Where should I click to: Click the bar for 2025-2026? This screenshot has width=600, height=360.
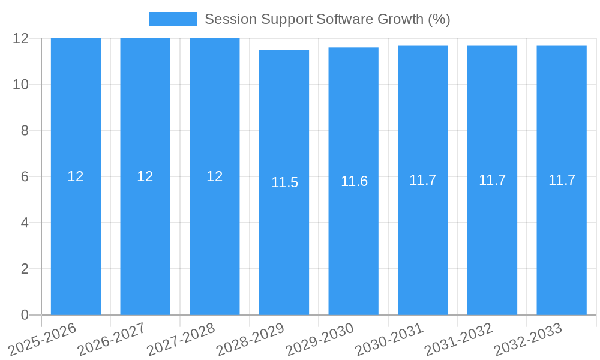coord(76,240)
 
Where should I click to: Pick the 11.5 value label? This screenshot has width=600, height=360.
coord(284,182)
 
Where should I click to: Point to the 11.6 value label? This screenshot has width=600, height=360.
coord(354,181)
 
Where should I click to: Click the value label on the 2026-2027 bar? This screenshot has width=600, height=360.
coord(145,176)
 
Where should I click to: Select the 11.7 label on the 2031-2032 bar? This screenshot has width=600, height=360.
coord(492,180)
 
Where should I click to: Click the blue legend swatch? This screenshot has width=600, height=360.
coord(173,19)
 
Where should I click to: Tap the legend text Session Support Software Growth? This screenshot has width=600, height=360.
coord(327,19)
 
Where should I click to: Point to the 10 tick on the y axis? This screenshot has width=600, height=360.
coord(21,85)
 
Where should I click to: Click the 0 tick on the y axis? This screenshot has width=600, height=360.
coord(25,315)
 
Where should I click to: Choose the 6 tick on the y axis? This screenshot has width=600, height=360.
coord(25,177)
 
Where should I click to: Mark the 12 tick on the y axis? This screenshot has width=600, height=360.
coord(21,38)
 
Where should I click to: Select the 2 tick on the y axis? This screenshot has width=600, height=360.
coord(25,269)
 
